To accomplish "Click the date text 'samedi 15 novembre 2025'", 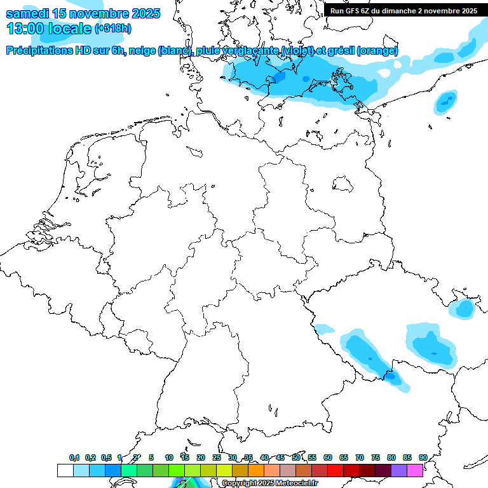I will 83,13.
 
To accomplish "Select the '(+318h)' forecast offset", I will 113,29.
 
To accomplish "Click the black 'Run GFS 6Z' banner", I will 403,11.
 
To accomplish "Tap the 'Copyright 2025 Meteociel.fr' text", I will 269,484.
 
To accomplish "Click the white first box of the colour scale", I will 65,471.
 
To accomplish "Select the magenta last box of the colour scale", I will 415,471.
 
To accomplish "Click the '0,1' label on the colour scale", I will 74,457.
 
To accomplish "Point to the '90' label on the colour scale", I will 423,457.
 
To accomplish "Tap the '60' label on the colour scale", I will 328,457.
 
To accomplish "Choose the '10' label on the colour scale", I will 169,457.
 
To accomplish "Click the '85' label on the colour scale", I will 407,457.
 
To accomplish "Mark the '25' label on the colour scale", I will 217,457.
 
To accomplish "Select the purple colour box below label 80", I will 399,471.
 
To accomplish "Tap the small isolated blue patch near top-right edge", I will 446,100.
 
